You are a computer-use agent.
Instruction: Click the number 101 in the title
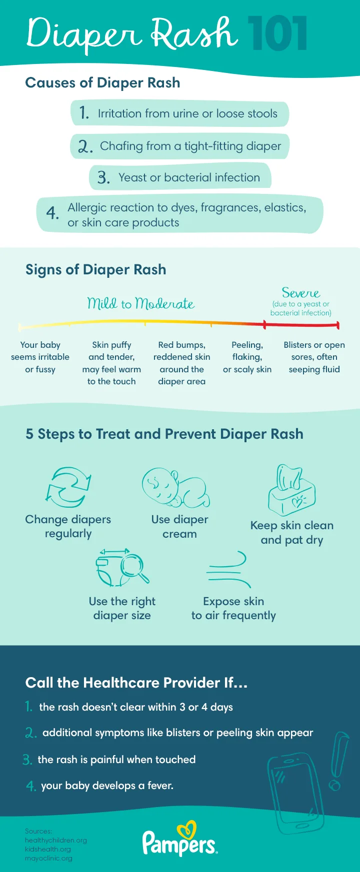(x=277, y=34)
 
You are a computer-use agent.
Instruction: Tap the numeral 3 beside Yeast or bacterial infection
(x=103, y=177)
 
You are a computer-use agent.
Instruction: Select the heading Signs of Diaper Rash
(x=95, y=270)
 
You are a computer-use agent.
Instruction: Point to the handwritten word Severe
(x=300, y=293)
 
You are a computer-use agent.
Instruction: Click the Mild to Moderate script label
(x=140, y=303)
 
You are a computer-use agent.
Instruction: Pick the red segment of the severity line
(x=301, y=325)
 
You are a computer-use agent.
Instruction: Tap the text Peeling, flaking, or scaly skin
(x=247, y=357)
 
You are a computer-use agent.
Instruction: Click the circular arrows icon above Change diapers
(x=68, y=487)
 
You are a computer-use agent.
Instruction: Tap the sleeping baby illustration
(x=175, y=488)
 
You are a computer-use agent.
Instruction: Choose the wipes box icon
(x=291, y=491)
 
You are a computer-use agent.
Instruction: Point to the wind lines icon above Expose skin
(x=228, y=570)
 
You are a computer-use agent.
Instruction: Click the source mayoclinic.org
(x=48, y=858)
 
